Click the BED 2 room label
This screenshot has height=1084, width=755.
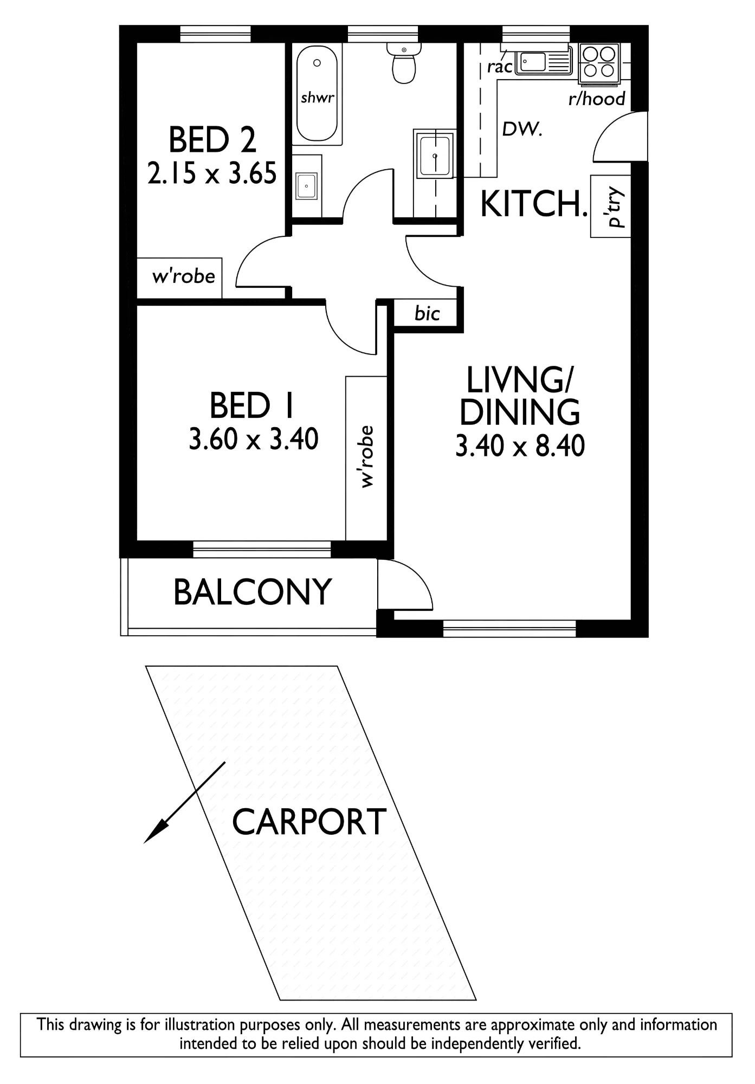[x=212, y=139]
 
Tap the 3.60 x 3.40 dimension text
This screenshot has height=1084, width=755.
[x=254, y=439]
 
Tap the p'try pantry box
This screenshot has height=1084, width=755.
[x=611, y=206]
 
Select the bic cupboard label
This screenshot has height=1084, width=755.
[x=427, y=313]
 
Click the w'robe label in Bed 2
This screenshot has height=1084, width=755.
[x=184, y=276]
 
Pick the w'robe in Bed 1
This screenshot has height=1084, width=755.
[x=366, y=458]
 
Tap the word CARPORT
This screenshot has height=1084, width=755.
[x=309, y=821]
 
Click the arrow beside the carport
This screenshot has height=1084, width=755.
[x=184, y=803]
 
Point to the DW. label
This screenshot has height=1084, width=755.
[x=522, y=129]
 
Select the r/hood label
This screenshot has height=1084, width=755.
[x=597, y=99]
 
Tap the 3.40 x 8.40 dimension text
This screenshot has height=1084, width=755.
[x=520, y=447]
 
